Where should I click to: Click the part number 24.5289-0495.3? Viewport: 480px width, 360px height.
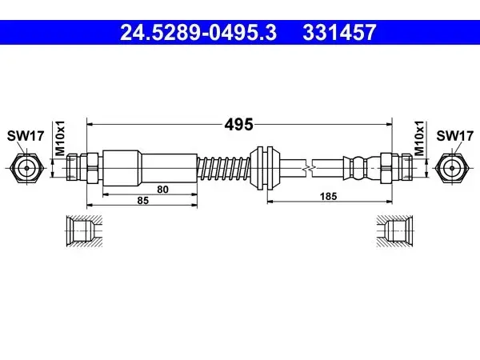tap(198, 33)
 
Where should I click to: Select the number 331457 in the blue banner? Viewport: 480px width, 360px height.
tap(339, 33)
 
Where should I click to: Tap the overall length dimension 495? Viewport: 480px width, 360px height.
tap(238, 124)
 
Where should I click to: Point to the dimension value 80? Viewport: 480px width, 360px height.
tap(162, 190)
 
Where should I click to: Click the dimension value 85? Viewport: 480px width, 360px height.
tap(142, 201)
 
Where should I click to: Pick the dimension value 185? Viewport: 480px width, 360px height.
tap(328, 196)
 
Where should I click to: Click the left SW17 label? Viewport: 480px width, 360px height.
tap(26, 136)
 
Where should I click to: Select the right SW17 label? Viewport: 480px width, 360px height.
tap(455, 136)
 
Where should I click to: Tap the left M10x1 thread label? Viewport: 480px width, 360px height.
tap(60, 138)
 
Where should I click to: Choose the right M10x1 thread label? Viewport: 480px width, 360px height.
tap(419, 138)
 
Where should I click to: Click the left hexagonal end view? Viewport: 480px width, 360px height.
tap(26, 168)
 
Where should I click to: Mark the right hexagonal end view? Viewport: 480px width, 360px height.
tap(453, 168)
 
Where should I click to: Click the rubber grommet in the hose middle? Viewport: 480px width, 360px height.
tap(265, 168)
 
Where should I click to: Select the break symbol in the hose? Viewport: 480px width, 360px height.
tap(309, 168)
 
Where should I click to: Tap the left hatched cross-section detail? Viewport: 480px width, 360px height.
tap(84, 231)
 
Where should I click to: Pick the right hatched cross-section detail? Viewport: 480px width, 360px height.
tap(394, 231)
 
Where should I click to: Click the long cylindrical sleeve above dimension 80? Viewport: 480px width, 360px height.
tap(150, 168)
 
